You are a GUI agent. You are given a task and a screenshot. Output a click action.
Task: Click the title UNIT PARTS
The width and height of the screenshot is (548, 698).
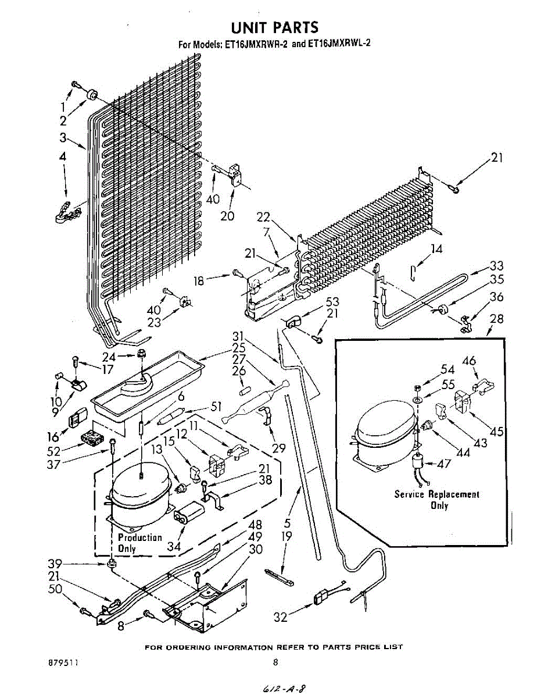click(274, 27)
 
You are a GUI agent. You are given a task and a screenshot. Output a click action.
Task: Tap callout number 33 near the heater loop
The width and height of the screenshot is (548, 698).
click(496, 266)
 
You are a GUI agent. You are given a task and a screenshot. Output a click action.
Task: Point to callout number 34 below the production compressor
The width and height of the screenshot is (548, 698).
click(174, 546)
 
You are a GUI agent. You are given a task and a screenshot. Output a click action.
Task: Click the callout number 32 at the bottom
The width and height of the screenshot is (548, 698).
click(280, 617)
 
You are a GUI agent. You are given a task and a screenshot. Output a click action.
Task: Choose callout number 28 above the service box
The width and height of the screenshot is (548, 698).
click(497, 319)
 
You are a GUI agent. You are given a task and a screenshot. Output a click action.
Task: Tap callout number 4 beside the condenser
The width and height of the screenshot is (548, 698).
click(62, 157)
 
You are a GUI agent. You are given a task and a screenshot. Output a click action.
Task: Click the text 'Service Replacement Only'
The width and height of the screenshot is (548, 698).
click(437, 500)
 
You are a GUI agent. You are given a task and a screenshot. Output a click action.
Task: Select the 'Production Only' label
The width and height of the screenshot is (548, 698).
click(139, 543)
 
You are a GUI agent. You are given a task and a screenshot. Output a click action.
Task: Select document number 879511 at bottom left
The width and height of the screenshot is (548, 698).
click(63, 663)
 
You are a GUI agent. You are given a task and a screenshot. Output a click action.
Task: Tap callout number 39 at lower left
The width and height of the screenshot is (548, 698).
click(55, 564)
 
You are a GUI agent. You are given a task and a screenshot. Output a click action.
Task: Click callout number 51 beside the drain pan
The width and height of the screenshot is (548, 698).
click(216, 407)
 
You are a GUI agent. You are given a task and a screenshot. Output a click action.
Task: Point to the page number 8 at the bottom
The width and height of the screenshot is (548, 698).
click(275, 662)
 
